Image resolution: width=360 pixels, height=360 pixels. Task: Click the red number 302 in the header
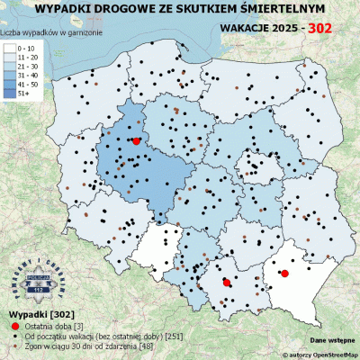pyautogui.click(x=319, y=29)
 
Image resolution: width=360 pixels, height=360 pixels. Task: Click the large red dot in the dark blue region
pyautogui.click(x=136, y=141)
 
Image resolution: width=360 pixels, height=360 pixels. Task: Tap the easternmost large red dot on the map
pyautogui.click(x=284, y=274)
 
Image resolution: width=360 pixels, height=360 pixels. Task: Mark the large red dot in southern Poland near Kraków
pyautogui.click(x=226, y=283)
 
